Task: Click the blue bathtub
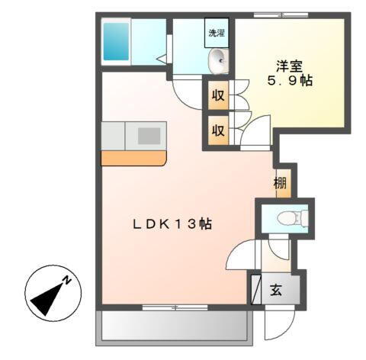point(117,40)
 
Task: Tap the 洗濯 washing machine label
point(218,33)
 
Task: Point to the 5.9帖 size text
point(288,80)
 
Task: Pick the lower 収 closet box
point(217,130)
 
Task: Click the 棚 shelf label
point(281,183)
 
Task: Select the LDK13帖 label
point(172,223)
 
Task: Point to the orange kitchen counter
point(133,159)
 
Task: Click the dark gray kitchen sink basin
point(149,136)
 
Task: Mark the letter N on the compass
point(67,280)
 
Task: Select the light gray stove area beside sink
point(113,136)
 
